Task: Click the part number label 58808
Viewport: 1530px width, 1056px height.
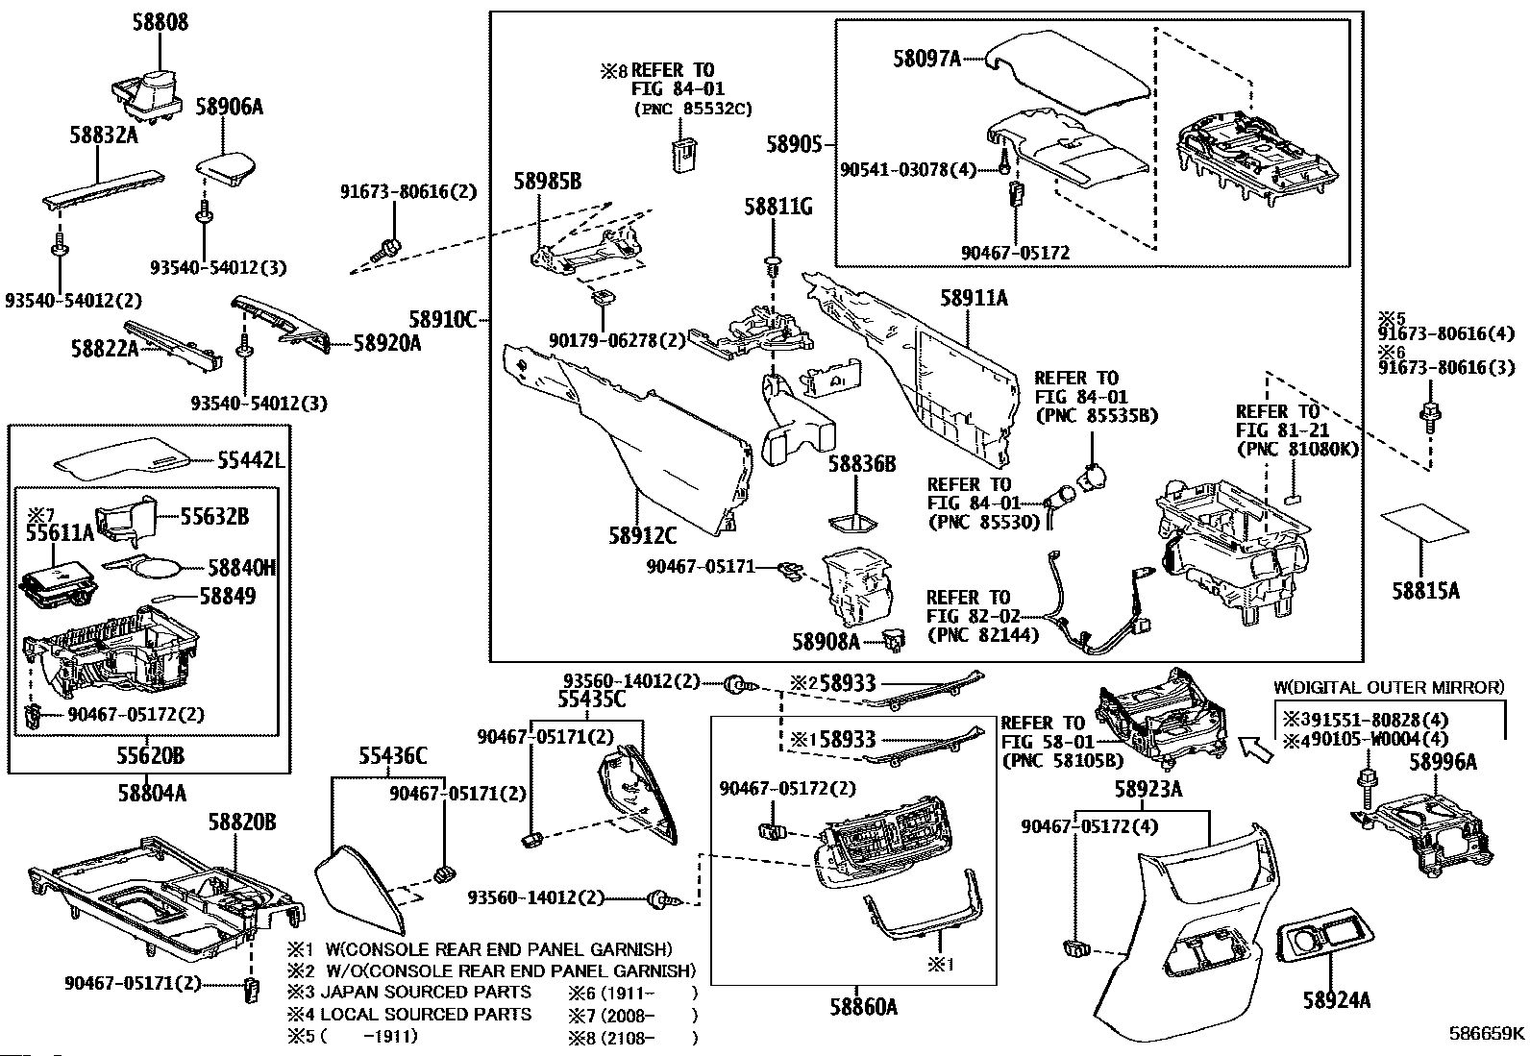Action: [160, 21]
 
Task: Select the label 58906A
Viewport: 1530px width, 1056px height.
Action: [229, 107]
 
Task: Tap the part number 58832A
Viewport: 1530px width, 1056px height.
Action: [103, 135]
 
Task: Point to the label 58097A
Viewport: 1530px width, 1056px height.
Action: [926, 59]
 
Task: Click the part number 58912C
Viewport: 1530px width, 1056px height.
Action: [642, 535]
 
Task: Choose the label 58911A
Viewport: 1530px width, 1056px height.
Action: [974, 299]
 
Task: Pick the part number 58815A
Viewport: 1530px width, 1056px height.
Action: [1425, 591]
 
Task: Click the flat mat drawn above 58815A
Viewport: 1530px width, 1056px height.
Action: [1424, 522]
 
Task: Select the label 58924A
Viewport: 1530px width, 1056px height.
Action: [1336, 1000]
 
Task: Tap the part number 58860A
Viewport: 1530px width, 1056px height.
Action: [863, 1006]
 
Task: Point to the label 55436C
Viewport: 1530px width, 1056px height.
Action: [393, 756]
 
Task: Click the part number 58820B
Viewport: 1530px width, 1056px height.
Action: [243, 822]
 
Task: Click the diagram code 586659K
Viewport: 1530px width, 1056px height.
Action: [1487, 1034]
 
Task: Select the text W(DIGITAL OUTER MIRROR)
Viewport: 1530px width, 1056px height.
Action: [1389, 687]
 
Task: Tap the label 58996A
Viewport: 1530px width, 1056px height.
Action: [1443, 762]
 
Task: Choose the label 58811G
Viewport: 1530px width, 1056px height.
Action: [778, 206]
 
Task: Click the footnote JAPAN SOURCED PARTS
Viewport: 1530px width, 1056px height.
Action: [426, 992]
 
